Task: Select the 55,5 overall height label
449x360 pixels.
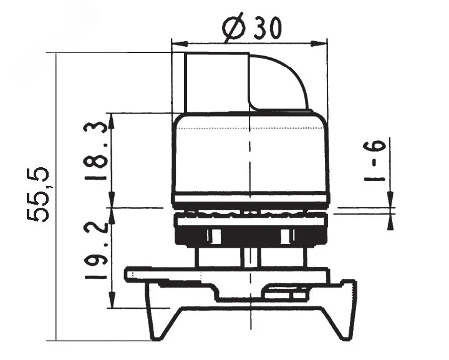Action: pos(38,195)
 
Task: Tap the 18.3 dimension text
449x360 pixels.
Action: pos(95,151)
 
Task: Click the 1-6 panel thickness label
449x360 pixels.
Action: pos(375,161)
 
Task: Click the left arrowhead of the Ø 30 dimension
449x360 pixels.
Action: pos(179,44)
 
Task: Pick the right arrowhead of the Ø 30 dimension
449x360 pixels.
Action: pos(319,44)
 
